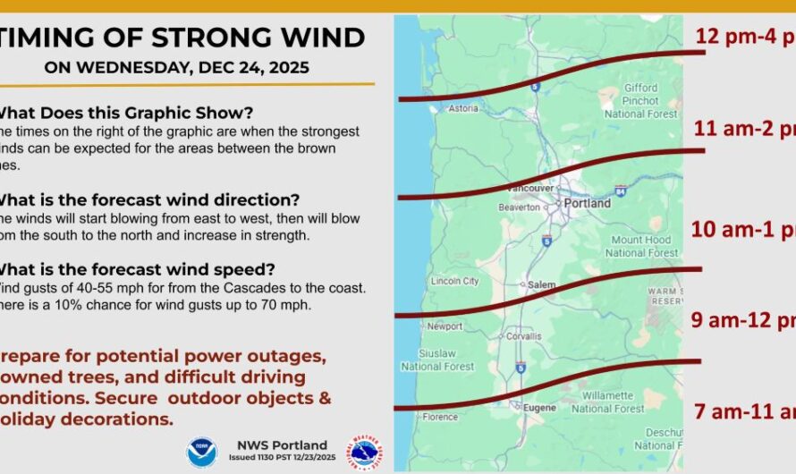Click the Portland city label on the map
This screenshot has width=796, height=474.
tap(588, 203)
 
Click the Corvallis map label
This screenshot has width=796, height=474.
tap(522, 336)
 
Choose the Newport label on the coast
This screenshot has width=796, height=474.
tap(445, 326)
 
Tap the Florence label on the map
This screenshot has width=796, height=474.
tap(440, 416)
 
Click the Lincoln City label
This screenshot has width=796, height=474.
tap(454, 281)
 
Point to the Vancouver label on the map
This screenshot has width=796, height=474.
tap(530, 189)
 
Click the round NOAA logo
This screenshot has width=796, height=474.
tap(201, 452)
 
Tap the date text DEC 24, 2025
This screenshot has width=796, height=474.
tap(259, 67)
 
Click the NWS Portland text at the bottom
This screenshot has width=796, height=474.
tap(283, 444)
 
